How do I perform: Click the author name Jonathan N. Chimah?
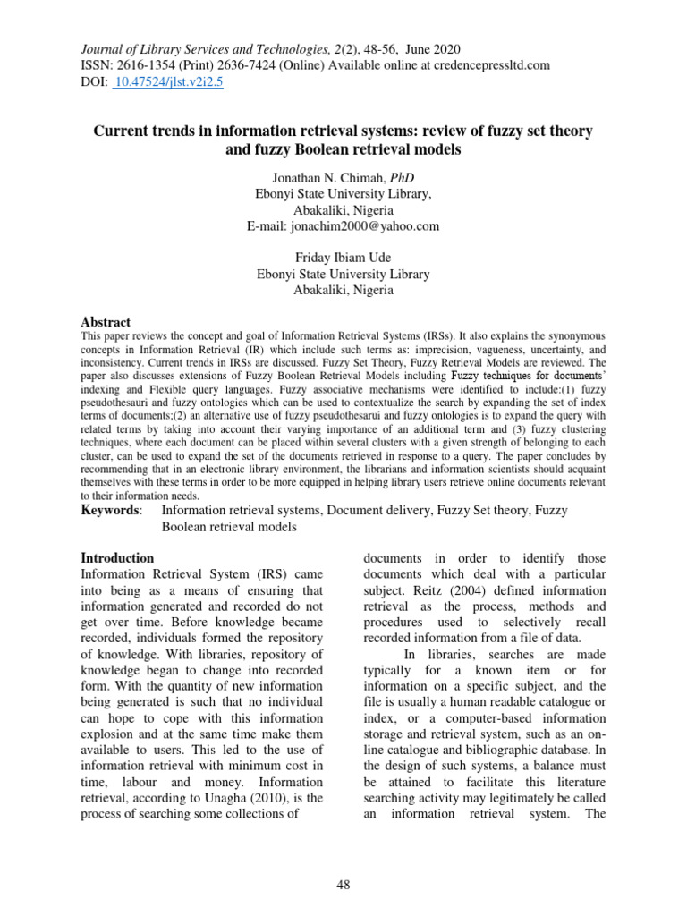tap(322, 178)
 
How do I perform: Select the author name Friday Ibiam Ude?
tap(343, 259)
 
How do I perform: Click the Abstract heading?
tap(106, 322)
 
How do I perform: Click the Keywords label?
tap(110, 510)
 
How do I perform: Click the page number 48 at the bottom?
tap(343, 886)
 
